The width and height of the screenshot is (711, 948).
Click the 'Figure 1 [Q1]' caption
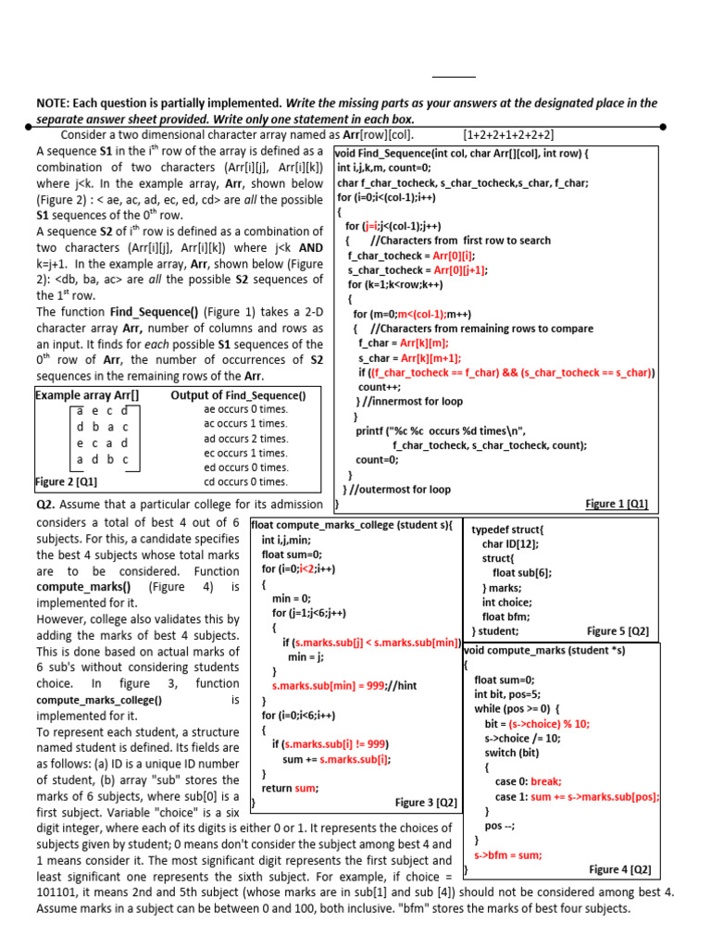pos(617,504)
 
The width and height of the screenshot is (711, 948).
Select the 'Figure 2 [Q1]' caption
pos(67,481)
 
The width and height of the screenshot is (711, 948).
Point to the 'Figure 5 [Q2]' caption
pos(617,631)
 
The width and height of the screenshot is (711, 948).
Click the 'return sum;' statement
pos(290,788)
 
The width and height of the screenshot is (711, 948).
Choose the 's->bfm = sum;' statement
pos(508,855)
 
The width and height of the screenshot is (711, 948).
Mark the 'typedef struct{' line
pos(508,530)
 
